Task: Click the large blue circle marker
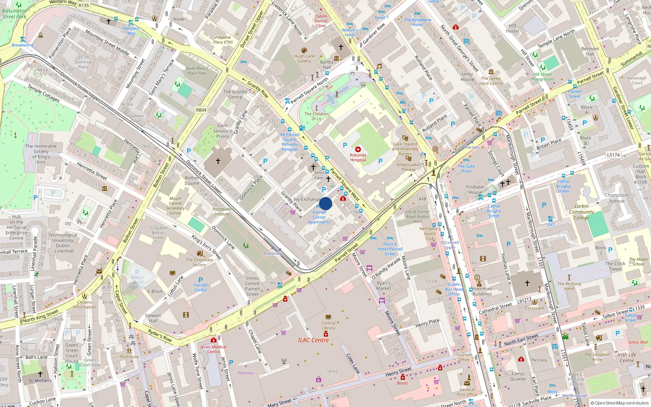pos(325,203)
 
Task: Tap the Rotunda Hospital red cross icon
pos(358,149)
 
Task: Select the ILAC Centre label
pos(313,340)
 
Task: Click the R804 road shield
pos(201,110)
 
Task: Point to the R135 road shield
pos(84,5)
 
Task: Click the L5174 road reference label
pos(613,155)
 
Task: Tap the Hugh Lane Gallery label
pos(304,59)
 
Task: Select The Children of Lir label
pos(316,116)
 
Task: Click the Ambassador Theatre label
pos(408,167)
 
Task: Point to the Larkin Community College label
pos(581,212)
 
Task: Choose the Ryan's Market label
pos(383,286)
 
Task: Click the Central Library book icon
pos(328,317)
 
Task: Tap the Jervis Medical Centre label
pos(213,349)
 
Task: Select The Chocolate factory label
pos(199,262)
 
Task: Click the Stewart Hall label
pos(153,318)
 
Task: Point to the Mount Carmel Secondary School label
pos(175,206)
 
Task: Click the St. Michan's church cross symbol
pos(40,374)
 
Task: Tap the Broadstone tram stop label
pos(23,45)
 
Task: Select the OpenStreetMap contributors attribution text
pos(619,403)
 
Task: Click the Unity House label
pos(467,77)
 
